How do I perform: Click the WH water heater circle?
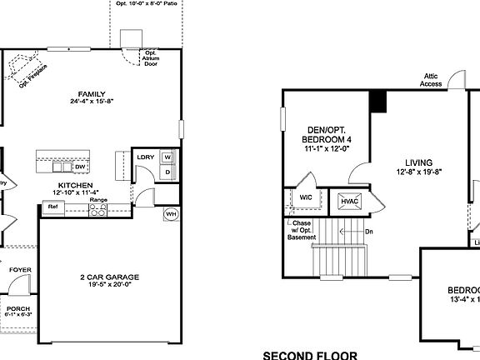171,212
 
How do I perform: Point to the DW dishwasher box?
81,167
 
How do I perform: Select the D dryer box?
167,172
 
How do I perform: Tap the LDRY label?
145,157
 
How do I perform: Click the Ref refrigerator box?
52,205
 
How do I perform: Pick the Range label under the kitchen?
98,200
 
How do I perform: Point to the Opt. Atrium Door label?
151,60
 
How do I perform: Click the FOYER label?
19,270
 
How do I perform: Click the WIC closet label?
305,198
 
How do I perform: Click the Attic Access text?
431,80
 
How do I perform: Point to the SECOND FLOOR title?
309,355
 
